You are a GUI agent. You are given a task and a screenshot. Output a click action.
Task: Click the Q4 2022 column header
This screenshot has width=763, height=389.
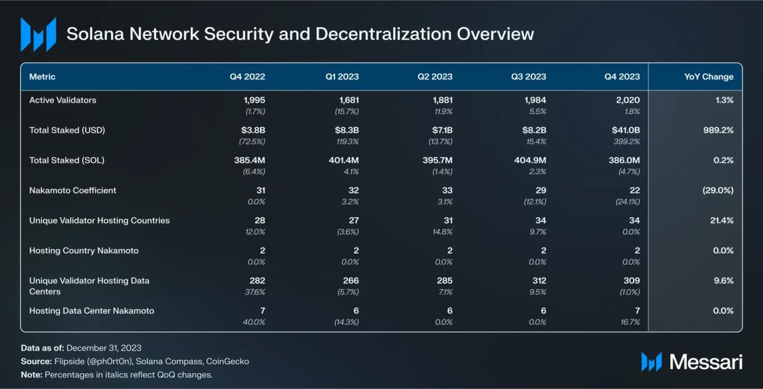(247, 77)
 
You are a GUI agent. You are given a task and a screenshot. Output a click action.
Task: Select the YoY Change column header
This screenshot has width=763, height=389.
(708, 77)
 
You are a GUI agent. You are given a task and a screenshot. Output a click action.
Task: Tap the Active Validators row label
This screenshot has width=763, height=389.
(63, 100)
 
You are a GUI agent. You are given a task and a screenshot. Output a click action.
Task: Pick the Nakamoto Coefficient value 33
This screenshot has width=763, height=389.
(447, 191)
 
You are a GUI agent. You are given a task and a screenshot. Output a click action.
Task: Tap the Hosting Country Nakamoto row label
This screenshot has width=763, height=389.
(84, 251)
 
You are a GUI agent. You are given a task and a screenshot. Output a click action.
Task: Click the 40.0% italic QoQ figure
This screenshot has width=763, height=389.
(255, 322)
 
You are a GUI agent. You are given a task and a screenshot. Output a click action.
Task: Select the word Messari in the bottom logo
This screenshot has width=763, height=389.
(705, 361)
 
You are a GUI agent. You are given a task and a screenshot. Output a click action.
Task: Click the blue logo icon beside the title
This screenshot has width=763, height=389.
(38, 34)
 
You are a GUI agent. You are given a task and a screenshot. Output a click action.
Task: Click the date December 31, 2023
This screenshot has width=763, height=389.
(104, 348)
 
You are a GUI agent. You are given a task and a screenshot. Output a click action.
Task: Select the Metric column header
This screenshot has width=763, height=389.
(43, 77)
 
